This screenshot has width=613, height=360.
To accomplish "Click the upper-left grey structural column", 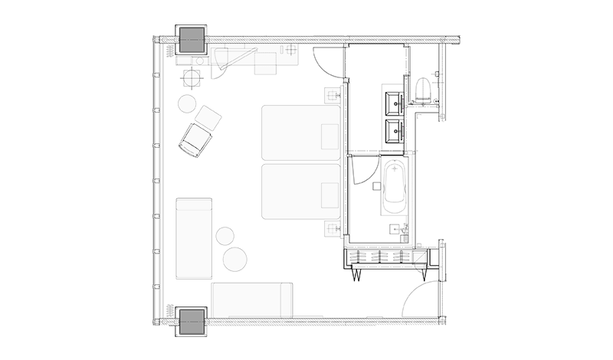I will pos(192,38).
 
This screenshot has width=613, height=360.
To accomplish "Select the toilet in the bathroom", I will pos(423,90).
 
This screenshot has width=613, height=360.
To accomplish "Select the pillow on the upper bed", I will pos(330,136).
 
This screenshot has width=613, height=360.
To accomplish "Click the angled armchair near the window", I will pos(195,139).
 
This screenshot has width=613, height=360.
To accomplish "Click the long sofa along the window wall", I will pos(193,237).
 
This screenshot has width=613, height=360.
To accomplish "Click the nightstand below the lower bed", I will pos(333,227).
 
